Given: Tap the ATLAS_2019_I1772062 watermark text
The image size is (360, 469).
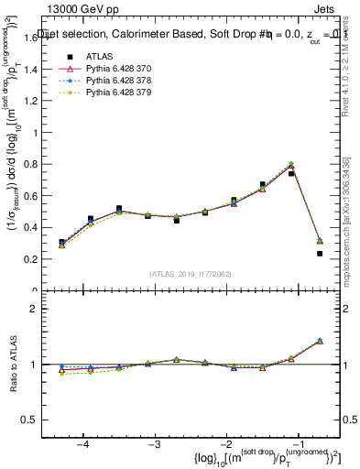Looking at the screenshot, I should click(190, 273).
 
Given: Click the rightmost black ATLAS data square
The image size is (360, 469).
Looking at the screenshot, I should click(320, 254).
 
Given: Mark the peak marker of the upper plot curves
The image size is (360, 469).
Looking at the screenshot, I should click(291, 165).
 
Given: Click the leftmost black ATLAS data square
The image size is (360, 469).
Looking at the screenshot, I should click(61, 242).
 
